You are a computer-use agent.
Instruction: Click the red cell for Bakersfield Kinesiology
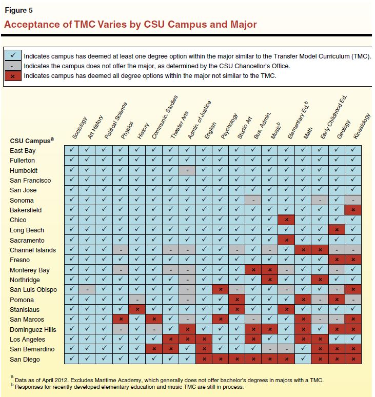pyautogui.click(x=352, y=210)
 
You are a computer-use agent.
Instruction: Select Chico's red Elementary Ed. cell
pyautogui.click(x=286, y=220)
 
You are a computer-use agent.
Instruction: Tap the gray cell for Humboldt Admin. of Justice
pyautogui.click(x=188, y=170)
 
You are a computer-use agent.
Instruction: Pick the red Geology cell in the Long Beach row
pyautogui.click(x=336, y=230)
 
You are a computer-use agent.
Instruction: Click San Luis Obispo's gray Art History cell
pyautogui.click(x=88, y=290)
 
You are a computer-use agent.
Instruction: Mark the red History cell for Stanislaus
pyautogui.click(x=138, y=310)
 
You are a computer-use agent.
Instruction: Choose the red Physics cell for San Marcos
pyautogui.click(x=122, y=320)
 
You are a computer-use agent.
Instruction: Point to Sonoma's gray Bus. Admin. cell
pyautogui.click(x=253, y=200)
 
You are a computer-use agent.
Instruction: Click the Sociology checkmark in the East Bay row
pyautogui.click(x=72, y=150)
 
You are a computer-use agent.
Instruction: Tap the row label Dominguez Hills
pyautogui.click(x=33, y=330)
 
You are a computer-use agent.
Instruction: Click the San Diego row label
pyautogui.click(x=24, y=360)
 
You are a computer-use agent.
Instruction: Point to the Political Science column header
pyautogui.click(x=115, y=121)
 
